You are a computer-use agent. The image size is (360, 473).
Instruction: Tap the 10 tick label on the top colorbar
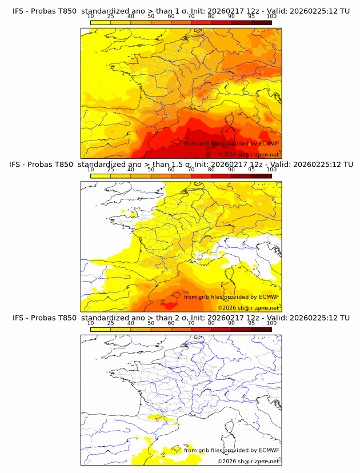point(90,17)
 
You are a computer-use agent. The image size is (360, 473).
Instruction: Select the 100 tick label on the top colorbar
point(271,17)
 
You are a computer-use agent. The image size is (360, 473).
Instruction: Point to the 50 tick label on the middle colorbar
point(151,170)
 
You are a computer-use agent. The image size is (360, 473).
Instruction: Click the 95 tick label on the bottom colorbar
point(251,323)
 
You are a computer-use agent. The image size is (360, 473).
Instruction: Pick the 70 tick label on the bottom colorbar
point(191,323)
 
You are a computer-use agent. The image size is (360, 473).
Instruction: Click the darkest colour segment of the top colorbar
point(261,22)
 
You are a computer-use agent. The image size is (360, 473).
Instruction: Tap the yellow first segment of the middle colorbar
point(100,176)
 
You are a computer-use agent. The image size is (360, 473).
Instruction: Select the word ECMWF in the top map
point(269,143)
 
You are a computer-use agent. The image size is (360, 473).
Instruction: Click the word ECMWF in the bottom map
point(269,450)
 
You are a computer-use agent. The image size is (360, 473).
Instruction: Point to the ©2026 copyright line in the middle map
point(248,307)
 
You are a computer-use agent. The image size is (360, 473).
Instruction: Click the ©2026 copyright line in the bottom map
point(248,461)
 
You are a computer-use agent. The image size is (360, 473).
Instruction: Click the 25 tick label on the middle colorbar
point(110,170)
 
